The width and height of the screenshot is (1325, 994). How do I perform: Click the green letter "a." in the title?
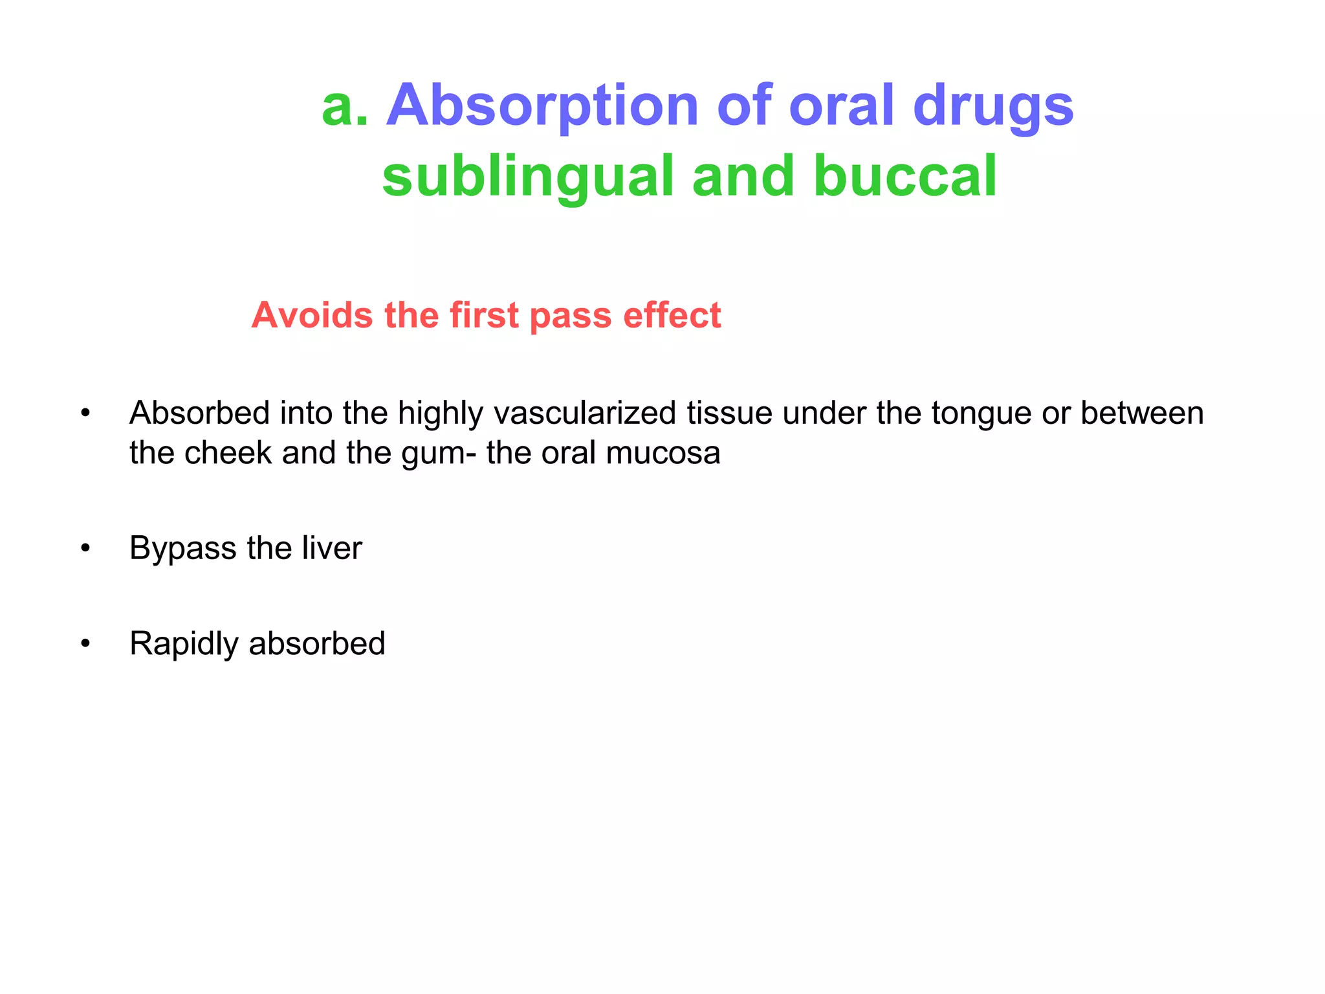(x=345, y=107)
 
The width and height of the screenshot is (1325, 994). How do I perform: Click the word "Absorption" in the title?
(x=542, y=107)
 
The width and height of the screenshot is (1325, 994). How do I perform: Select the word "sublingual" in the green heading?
(x=528, y=177)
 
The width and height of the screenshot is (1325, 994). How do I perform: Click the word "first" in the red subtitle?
(x=484, y=316)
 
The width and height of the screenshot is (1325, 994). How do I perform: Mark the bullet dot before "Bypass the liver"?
(x=85, y=549)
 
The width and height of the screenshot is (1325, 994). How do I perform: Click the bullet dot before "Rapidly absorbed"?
(x=85, y=645)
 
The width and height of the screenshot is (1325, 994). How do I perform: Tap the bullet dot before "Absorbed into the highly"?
(x=85, y=414)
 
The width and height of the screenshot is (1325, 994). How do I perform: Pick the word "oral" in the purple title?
(x=841, y=107)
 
